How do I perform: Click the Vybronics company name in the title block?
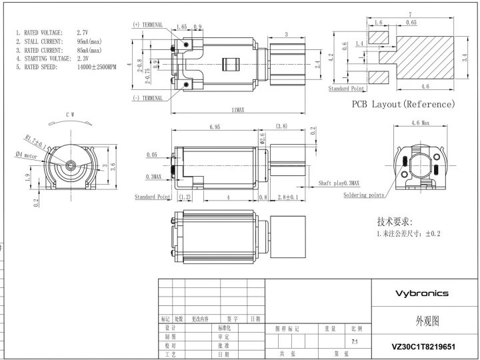point(422,293)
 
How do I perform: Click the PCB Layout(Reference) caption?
point(403,105)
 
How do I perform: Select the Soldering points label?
point(363,195)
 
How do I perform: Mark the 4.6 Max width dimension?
point(420,123)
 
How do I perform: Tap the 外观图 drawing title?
point(422,321)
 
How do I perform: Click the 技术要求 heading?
point(395,221)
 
